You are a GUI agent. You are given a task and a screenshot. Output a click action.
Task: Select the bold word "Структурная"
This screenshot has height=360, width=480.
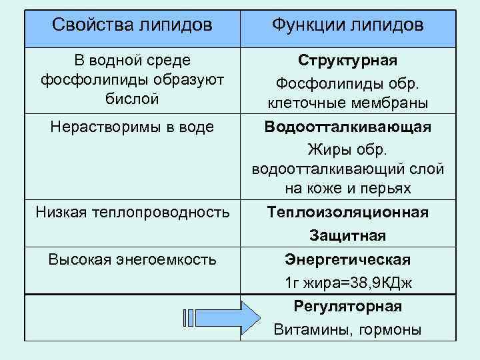coord(347,61)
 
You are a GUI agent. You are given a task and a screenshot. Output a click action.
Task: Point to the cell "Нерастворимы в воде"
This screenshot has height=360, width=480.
coord(132,126)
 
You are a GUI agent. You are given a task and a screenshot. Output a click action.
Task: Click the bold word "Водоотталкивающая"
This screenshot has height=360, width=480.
coord(347,127)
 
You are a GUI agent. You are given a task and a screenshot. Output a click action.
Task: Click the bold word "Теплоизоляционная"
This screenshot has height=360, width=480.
coord(347,213)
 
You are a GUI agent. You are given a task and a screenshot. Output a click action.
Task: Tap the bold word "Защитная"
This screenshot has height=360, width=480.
coord(347,236)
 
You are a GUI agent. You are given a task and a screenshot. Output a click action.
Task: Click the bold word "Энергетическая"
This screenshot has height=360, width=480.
coord(347,259)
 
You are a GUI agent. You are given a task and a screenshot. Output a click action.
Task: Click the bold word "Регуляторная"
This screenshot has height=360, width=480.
coord(347,307)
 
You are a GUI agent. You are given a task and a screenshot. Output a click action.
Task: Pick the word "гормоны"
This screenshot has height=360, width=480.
coord(389,330)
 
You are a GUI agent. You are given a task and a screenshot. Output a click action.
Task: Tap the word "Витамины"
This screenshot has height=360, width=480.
coord(311,330)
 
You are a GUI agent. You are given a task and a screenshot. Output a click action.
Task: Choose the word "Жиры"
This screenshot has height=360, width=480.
coord(325,147)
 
